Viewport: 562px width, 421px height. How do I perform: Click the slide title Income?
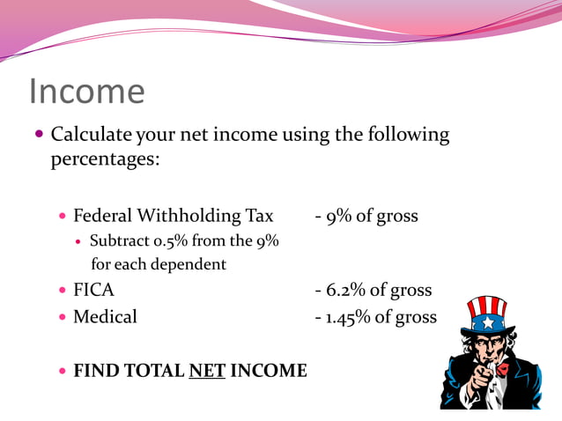pyautogui.click(x=86, y=92)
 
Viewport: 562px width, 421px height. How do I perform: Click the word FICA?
pyautogui.click(x=93, y=290)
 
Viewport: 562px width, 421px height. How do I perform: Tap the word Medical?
pyautogui.click(x=105, y=316)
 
